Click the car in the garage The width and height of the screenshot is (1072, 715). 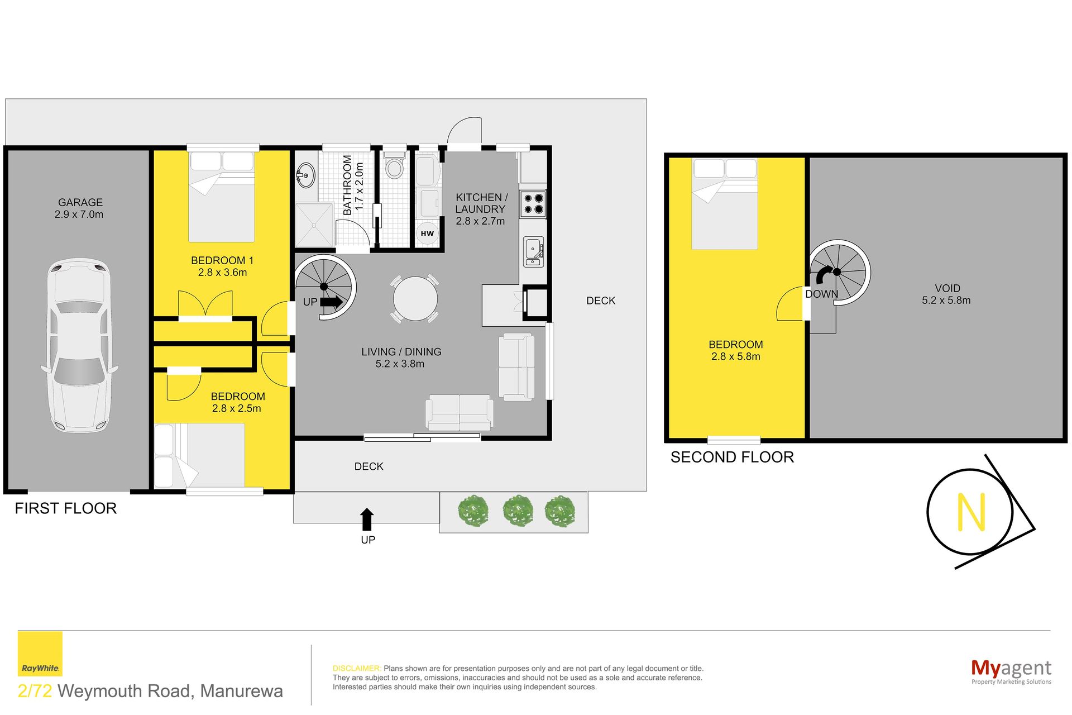point(79,345)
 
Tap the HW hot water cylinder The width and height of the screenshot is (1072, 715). point(427,233)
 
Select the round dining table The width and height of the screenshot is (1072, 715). point(415,298)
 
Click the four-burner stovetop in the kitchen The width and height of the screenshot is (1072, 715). point(533,204)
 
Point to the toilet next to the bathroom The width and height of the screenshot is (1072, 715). point(395,163)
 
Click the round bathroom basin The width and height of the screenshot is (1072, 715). point(305,175)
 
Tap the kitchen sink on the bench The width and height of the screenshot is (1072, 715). point(533,251)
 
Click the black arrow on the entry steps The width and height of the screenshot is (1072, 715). point(367,519)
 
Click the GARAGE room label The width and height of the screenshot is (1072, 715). point(80,202)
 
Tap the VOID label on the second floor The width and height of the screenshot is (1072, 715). point(947,288)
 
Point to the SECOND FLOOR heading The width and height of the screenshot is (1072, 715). point(732,457)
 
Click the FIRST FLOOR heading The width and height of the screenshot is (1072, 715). point(66,508)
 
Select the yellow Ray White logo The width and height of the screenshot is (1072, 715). point(40,654)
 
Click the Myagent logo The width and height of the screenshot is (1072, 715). point(1011,671)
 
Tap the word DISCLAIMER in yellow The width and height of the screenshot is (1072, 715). point(357,668)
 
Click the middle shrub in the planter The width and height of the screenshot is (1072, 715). point(518,511)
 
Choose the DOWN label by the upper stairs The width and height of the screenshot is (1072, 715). point(821,294)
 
